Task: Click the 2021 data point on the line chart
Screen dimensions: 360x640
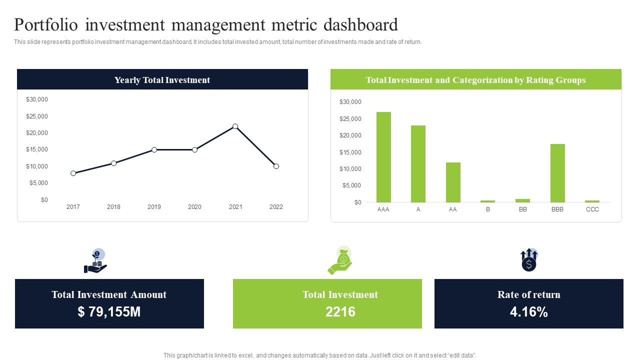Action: tap(235, 126)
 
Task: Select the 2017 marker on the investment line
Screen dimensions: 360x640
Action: tap(73, 173)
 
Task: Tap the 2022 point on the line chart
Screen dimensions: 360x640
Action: tap(276, 166)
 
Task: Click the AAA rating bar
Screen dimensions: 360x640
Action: tap(383, 157)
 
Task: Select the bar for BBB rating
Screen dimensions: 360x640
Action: tap(557, 173)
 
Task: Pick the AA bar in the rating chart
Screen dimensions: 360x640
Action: tap(453, 182)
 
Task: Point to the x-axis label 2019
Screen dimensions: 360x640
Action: tap(154, 207)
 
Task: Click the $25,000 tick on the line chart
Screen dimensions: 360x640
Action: tap(37, 116)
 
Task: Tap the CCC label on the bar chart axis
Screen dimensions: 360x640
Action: tap(592, 209)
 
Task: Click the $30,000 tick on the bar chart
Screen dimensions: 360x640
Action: tap(350, 102)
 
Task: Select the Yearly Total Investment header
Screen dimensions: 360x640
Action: tap(162, 80)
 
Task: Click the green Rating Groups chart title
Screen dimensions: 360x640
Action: tap(475, 80)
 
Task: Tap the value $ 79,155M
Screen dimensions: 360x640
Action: tap(109, 312)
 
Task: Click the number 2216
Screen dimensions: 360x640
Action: tap(340, 312)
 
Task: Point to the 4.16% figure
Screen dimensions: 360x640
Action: tap(528, 312)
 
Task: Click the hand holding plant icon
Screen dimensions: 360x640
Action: tap(96, 261)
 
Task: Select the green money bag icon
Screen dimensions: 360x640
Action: tap(340, 260)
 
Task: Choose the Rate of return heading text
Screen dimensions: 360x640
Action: tap(528, 294)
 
